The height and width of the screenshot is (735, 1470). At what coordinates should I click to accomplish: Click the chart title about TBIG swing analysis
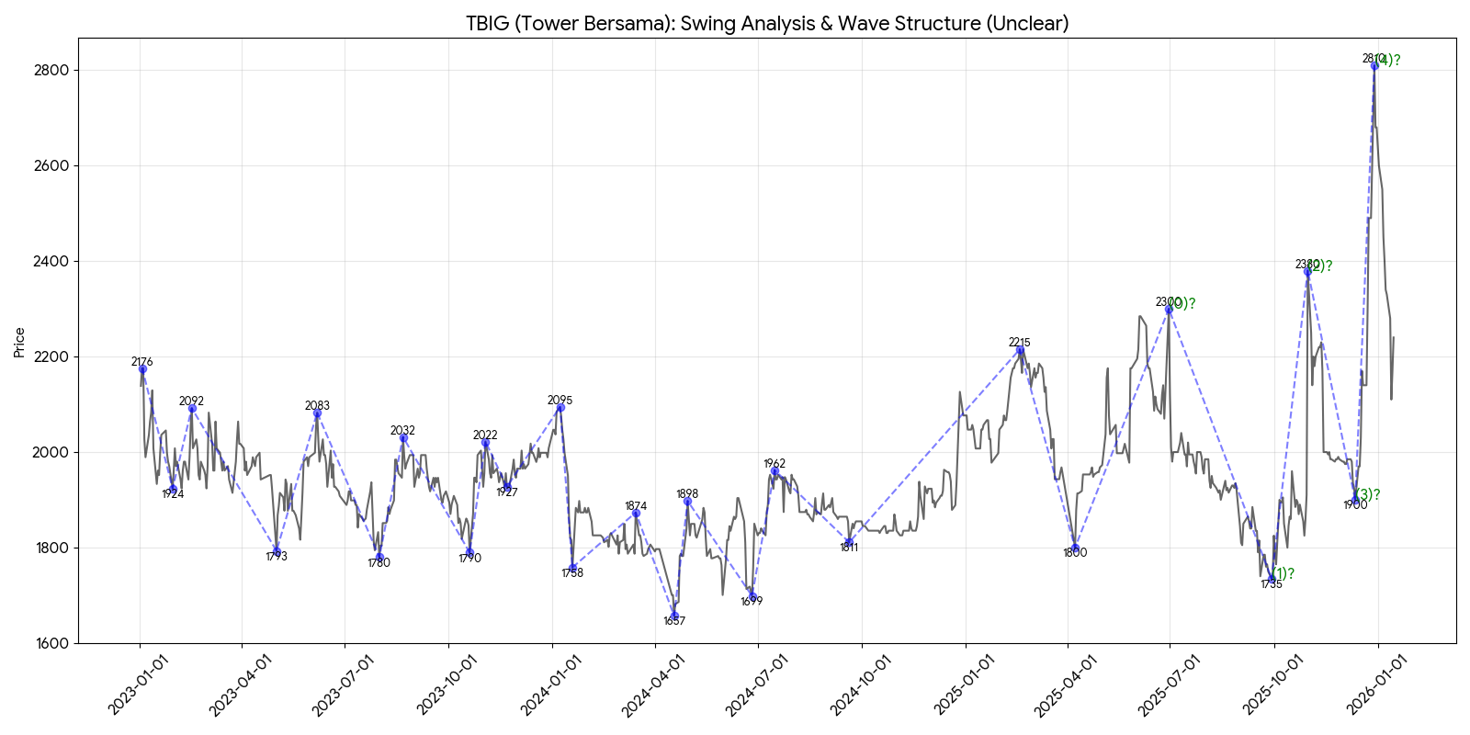(x=767, y=23)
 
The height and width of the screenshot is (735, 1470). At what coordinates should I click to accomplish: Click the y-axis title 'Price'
(x=19, y=342)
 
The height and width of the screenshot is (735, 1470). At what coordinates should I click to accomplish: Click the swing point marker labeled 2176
(x=142, y=369)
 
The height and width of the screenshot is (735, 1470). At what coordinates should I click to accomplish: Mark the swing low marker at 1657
(x=674, y=616)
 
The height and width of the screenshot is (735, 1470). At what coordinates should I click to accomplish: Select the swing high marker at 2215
(x=1020, y=350)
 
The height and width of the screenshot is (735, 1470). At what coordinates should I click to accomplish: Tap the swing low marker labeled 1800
(x=1075, y=548)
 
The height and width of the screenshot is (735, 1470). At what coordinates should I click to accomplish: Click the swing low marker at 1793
(x=277, y=551)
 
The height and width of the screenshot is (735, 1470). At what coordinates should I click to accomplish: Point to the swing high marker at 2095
(x=560, y=407)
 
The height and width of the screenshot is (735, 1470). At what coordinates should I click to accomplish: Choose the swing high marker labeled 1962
(x=775, y=471)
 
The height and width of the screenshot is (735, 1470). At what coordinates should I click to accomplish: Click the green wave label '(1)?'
(x=1283, y=574)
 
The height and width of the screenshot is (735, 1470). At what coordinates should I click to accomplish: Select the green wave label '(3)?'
(x=1367, y=495)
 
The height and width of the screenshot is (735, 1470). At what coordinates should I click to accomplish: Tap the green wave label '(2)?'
(x=1320, y=266)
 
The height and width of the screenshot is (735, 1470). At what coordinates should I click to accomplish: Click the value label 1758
(x=572, y=573)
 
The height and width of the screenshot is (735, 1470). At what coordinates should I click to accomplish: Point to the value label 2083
(x=317, y=405)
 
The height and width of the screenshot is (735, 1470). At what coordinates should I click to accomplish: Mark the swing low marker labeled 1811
(x=849, y=542)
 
